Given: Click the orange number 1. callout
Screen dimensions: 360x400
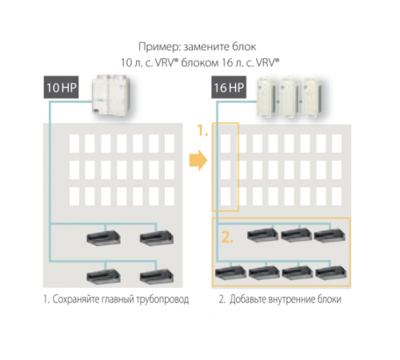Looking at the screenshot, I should pos(203,130).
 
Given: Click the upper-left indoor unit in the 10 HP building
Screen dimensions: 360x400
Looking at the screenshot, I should pos(103,238).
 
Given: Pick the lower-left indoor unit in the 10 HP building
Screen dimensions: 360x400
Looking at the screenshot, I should pos(103,276).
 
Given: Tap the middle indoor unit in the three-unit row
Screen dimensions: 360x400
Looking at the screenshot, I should pos(295,235).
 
